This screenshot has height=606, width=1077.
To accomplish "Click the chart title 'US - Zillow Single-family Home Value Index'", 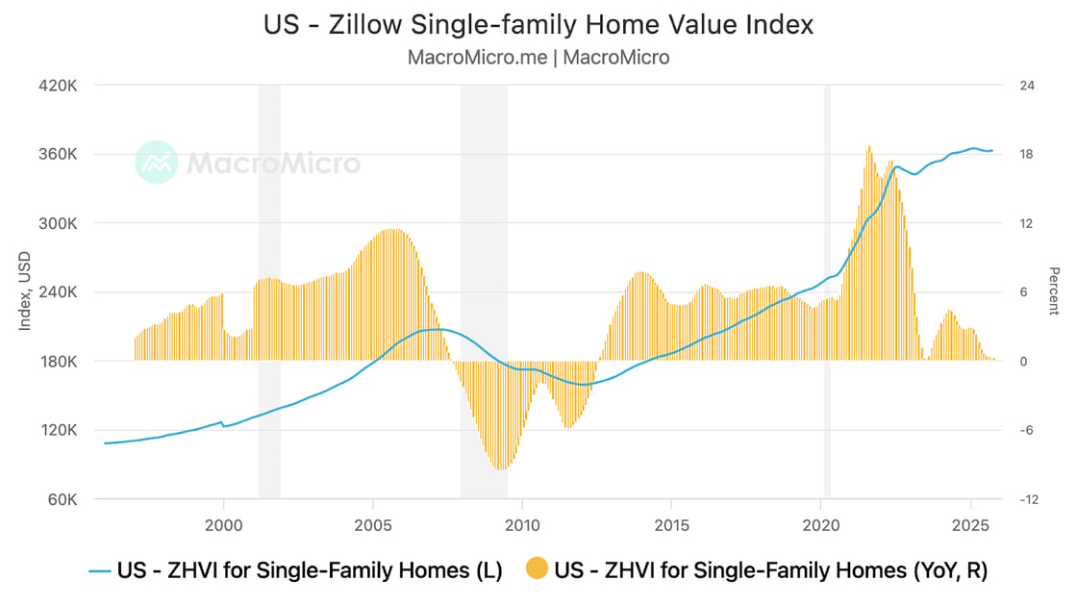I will pyautogui.click(x=538, y=24).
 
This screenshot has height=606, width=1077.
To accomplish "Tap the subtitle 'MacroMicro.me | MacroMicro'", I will pyautogui.click(x=538, y=57).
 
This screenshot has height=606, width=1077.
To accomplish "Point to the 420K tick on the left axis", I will pyautogui.click(x=58, y=86).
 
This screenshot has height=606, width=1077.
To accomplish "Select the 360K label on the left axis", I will pyautogui.click(x=58, y=155).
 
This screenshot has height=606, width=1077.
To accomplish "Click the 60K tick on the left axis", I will pyautogui.click(x=62, y=499).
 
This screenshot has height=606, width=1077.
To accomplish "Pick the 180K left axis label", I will pyautogui.click(x=58, y=362).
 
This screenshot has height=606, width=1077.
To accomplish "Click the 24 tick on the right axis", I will pyautogui.click(x=1026, y=86).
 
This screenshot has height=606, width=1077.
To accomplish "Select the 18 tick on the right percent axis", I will pyautogui.click(x=1026, y=155).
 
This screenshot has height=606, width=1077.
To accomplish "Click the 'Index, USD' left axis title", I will pyautogui.click(x=24, y=291).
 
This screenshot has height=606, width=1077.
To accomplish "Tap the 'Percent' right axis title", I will pyautogui.click(x=1054, y=291).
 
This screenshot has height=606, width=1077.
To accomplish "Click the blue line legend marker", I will pyautogui.click(x=99, y=570).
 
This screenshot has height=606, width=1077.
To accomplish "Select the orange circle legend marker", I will pyautogui.click(x=537, y=570).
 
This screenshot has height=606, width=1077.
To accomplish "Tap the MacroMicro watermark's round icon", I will pyautogui.click(x=156, y=163).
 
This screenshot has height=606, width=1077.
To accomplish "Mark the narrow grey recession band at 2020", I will pyautogui.click(x=827, y=289).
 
